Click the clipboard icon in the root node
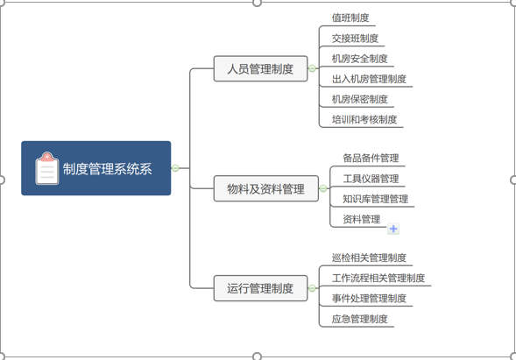point(47,168)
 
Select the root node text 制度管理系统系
point(107,169)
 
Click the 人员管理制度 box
point(261,68)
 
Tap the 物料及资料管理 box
point(266,188)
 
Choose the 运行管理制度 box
point(261,288)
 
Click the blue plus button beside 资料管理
point(393,229)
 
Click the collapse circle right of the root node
point(175,168)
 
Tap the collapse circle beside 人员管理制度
point(312,68)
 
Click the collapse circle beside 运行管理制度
point(312,288)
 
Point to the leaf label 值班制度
point(350,18)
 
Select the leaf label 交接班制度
point(355,39)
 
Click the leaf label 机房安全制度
point(359,59)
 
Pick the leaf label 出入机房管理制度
point(369,79)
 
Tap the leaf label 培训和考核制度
point(364,119)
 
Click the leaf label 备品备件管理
point(371,158)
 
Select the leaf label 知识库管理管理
point(376,199)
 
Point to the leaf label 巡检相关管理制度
point(369,258)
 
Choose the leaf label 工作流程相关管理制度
point(378,278)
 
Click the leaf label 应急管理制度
point(359,319)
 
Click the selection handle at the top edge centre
point(257,3)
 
